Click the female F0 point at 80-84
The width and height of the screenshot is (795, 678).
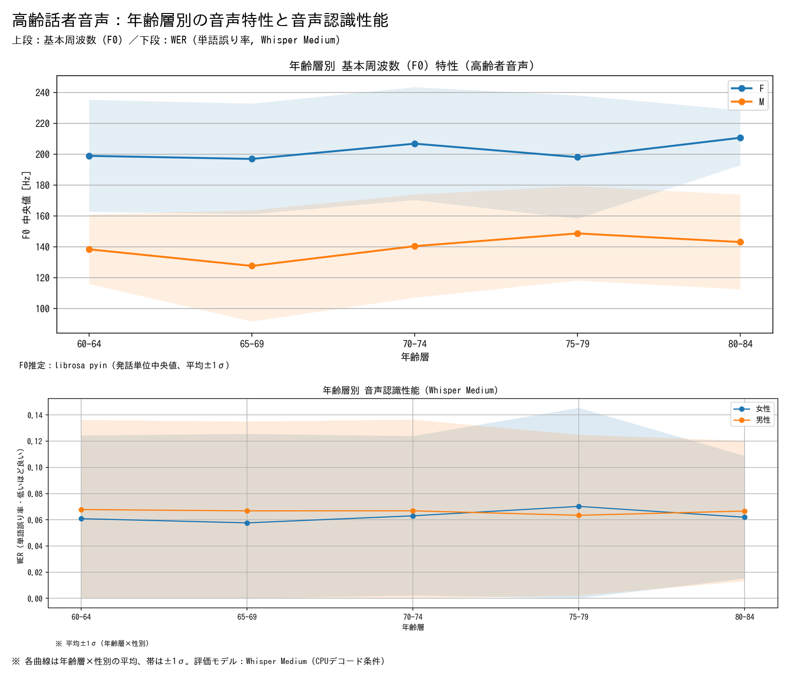tap(740, 138)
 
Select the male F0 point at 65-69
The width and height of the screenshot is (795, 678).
tap(252, 266)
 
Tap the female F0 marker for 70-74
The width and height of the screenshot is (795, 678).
tap(414, 144)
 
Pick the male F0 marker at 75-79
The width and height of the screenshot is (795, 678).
tap(577, 234)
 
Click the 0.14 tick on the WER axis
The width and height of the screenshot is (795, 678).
tap(35, 415)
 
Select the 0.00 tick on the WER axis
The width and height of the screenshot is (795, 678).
tap(35, 599)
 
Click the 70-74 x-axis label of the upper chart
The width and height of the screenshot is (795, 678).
tap(414, 344)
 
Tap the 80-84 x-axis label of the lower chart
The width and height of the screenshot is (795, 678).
tap(744, 617)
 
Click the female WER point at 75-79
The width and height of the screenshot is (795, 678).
tap(578, 506)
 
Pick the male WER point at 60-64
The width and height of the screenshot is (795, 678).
tap(81, 510)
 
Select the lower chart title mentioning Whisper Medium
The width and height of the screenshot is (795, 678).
tap(411, 390)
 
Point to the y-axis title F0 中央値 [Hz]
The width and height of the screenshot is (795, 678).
tap(27, 205)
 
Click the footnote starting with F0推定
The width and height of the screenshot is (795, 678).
tap(124, 365)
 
